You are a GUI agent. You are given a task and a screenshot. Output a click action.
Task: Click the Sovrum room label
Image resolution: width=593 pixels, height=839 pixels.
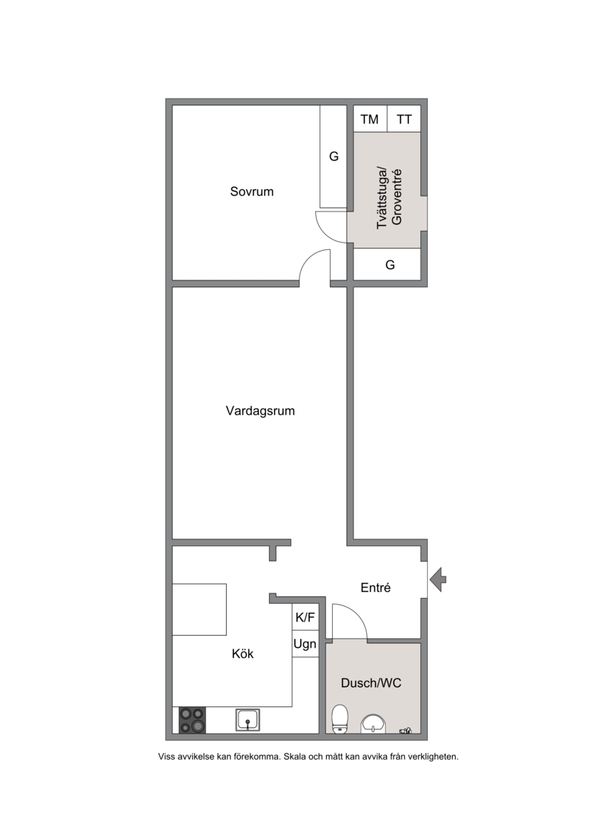[x=251, y=191]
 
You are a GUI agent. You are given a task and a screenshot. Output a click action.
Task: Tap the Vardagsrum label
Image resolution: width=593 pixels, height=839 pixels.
[x=260, y=411]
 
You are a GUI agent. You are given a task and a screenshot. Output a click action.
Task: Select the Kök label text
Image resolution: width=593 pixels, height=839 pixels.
[x=243, y=654]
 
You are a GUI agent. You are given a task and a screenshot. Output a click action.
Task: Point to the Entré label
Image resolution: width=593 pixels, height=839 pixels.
[x=375, y=588]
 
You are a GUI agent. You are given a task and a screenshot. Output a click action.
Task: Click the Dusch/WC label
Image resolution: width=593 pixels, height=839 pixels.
[x=371, y=682]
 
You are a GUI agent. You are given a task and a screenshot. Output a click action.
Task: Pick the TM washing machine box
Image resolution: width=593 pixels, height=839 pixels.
[x=370, y=119]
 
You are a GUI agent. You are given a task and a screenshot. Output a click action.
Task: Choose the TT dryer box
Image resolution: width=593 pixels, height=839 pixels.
[x=404, y=119]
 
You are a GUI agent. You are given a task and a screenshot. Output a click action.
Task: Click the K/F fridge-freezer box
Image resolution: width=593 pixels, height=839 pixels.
[x=305, y=617]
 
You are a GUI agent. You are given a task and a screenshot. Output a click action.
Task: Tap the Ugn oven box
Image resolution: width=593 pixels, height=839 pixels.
[x=305, y=644]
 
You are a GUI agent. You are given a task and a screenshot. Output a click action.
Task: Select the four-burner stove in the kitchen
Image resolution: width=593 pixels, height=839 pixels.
[x=193, y=720]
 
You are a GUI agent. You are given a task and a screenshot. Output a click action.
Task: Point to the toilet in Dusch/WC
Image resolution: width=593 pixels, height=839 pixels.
[x=339, y=719]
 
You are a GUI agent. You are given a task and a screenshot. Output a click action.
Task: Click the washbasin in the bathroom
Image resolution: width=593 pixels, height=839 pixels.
[x=374, y=724]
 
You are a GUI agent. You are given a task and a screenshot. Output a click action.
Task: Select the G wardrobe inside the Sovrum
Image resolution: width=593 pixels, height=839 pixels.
[x=334, y=157]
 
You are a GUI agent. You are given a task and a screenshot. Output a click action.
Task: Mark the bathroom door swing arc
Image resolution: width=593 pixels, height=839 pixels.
[x=355, y=613]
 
